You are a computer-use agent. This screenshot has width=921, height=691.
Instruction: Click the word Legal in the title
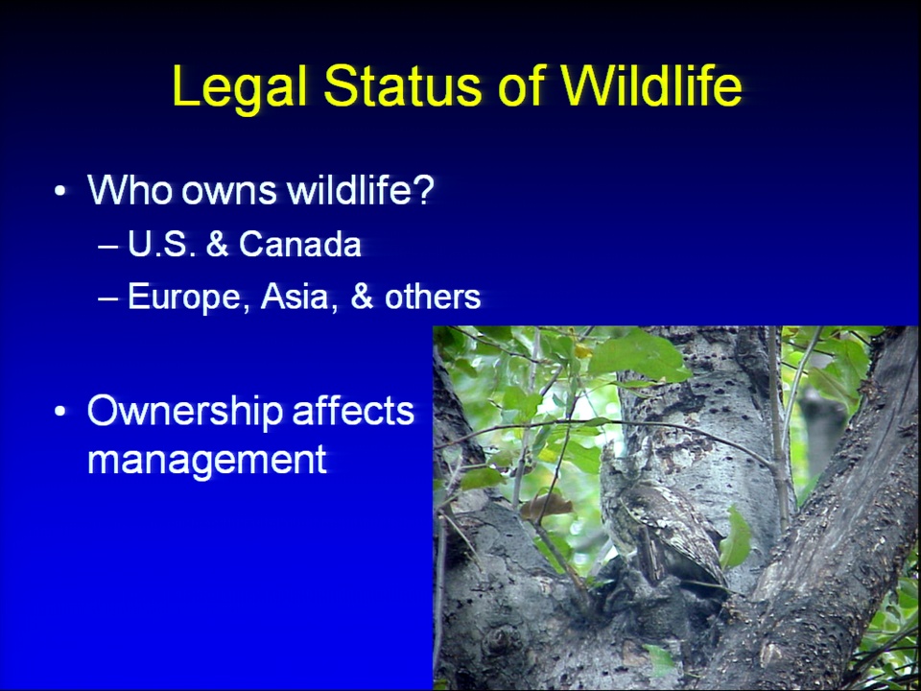(240, 87)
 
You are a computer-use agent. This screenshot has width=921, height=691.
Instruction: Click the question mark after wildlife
(423, 189)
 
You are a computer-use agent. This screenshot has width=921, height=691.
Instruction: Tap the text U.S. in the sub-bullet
(161, 245)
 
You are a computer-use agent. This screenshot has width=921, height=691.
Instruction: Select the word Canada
(300, 245)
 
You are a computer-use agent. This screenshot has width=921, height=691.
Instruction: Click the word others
(433, 297)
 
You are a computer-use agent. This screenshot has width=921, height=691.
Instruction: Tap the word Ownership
(185, 412)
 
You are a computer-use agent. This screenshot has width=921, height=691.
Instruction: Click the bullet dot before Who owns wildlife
(59, 190)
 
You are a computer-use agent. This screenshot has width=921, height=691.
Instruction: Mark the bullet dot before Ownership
(59, 412)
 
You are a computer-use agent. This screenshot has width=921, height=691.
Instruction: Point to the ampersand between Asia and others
(362, 297)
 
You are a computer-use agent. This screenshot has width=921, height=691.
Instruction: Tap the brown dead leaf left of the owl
(546, 506)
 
